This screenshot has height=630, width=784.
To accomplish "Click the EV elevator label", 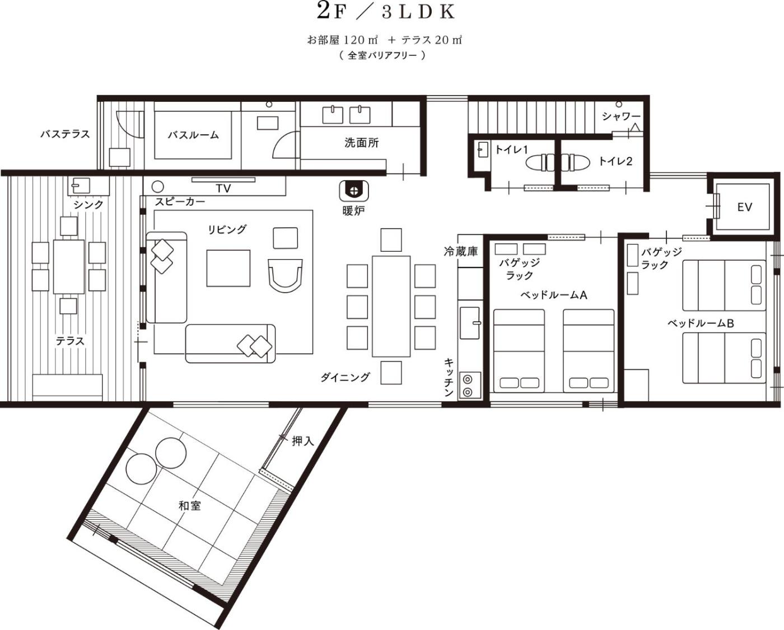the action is pos(744,207).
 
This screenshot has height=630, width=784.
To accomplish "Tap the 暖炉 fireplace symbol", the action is pos(354,191).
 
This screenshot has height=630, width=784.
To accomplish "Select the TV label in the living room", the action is pos(223,188).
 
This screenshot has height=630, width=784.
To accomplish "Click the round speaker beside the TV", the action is pos(157,187).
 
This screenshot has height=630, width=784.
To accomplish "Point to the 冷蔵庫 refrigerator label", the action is pos(460,251).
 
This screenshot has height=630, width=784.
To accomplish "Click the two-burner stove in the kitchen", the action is pos(470,385).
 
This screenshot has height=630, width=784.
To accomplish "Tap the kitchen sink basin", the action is pos(470,323).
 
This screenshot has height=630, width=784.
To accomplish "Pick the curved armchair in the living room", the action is pos(285,275).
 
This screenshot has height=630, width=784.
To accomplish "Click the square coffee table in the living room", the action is pos(228,268).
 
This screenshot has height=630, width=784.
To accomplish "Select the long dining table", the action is pos(391,306).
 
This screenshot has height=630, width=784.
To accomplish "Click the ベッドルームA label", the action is pos(553,295).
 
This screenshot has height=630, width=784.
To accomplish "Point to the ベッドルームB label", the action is pos(701,323).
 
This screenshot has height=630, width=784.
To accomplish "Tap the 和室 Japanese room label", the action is pos(189,506).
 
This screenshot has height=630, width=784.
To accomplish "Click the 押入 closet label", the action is pos(302,441).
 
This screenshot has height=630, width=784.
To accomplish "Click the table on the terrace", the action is pos(69,266).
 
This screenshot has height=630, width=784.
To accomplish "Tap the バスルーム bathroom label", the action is pos(193,135).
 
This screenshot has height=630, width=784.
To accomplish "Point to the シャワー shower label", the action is pos(621,116).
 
